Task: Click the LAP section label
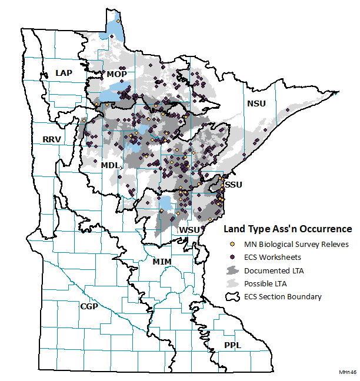(64, 72)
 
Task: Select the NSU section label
(256, 103)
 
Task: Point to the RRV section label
(52, 139)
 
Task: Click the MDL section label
(110, 166)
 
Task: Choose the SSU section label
(234, 184)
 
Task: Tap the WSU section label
(190, 229)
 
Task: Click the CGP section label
(89, 306)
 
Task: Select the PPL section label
(232, 345)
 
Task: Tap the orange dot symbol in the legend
(232, 244)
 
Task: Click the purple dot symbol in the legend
(232, 257)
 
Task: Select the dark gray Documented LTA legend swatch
(232, 270)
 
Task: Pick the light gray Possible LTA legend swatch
(232, 283)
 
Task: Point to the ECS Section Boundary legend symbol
(232, 296)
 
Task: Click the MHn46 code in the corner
(348, 372)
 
